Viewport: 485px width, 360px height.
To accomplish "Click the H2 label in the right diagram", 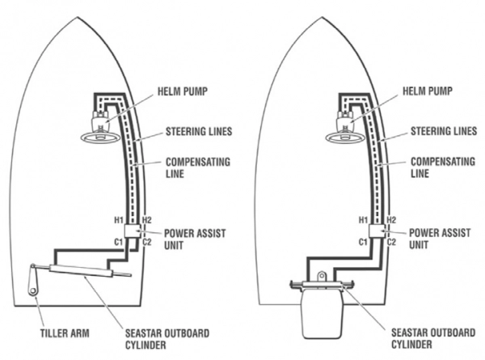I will tap(391, 220).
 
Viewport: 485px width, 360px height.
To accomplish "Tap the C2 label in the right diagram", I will tap(391, 242).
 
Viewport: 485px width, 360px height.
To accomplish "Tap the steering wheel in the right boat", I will tap(341, 134).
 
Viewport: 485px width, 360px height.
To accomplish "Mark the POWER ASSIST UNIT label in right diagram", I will tap(436, 239).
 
